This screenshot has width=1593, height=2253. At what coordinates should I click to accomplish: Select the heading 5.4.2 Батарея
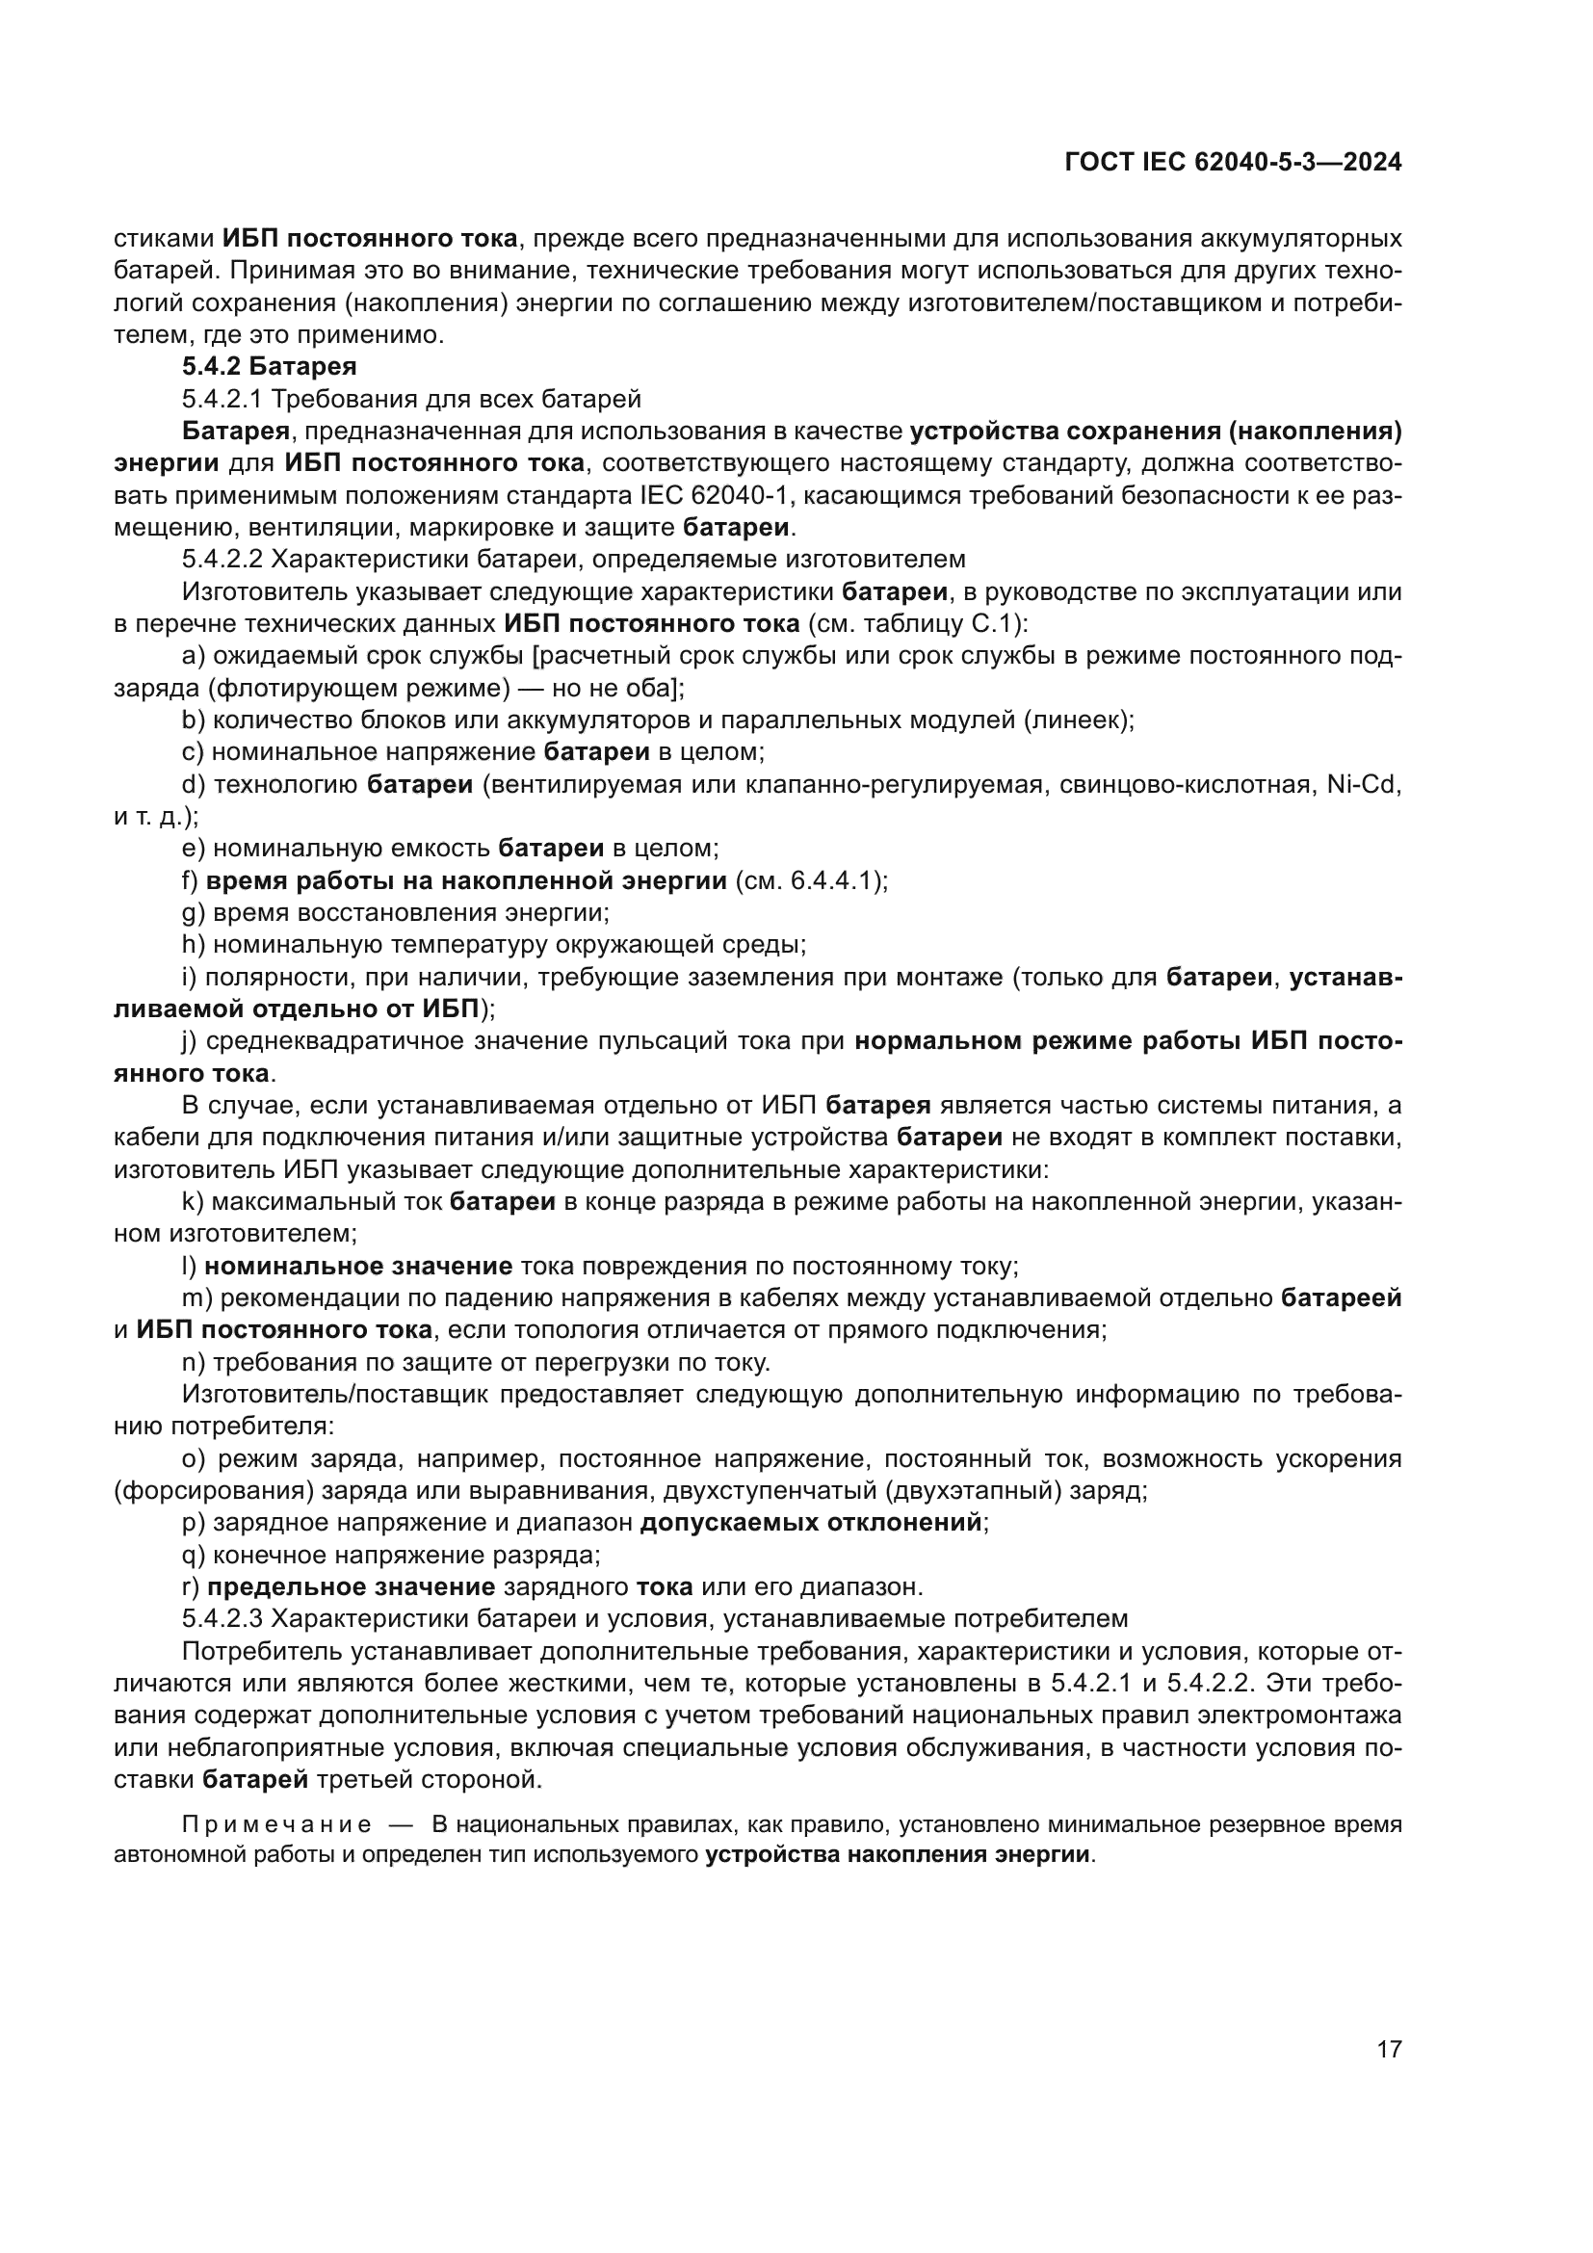click(x=269, y=367)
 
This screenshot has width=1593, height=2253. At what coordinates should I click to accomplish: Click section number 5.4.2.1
click(x=222, y=400)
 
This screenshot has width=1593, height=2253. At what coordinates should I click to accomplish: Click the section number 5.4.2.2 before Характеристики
click(x=222, y=560)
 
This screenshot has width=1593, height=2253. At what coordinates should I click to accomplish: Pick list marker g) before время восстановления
click(x=193, y=913)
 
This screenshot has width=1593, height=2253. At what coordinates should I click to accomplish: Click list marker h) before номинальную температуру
click(x=193, y=945)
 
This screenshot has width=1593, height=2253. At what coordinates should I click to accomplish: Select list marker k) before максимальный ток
click(x=193, y=1202)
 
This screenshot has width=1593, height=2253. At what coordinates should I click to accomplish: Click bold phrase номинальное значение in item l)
click(x=358, y=1267)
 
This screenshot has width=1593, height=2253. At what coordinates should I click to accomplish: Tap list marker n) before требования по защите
click(x=193, y=1363)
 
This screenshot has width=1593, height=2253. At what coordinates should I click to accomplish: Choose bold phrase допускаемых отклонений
click(x=812, y=1523)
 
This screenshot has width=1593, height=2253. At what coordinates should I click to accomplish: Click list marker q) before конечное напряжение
click(x=193, y=1556)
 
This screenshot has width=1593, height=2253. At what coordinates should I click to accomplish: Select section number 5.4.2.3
click(x=222, y=1619)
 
